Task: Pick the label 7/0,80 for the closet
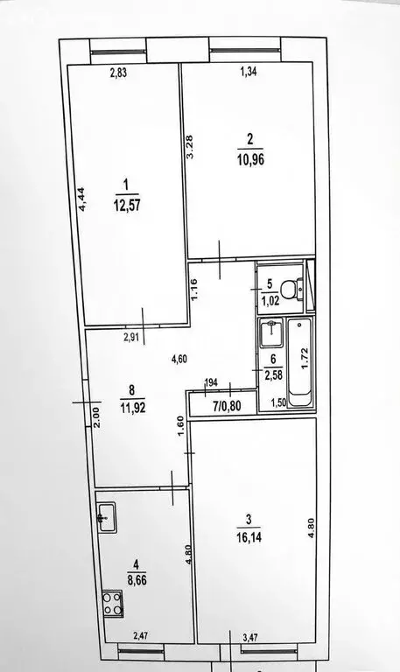212,405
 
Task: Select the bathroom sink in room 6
271,332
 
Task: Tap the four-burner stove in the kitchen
112,602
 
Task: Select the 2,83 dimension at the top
120,73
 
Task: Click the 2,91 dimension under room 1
107,336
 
